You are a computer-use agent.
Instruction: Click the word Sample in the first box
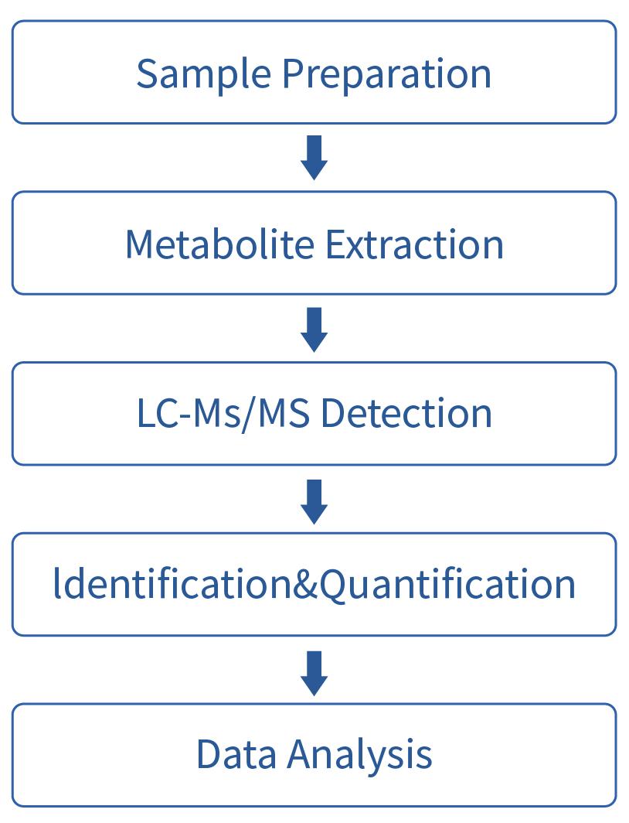(204, 73)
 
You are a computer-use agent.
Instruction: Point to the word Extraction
(414, 244)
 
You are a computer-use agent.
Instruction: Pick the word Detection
(406, 414)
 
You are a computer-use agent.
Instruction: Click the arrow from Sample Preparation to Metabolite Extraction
(314, 158)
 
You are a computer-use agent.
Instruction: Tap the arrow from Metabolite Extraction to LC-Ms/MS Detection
(314, 329)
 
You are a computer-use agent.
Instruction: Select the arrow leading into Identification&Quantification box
(314, 500)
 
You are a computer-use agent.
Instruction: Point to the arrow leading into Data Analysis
(314, 672)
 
